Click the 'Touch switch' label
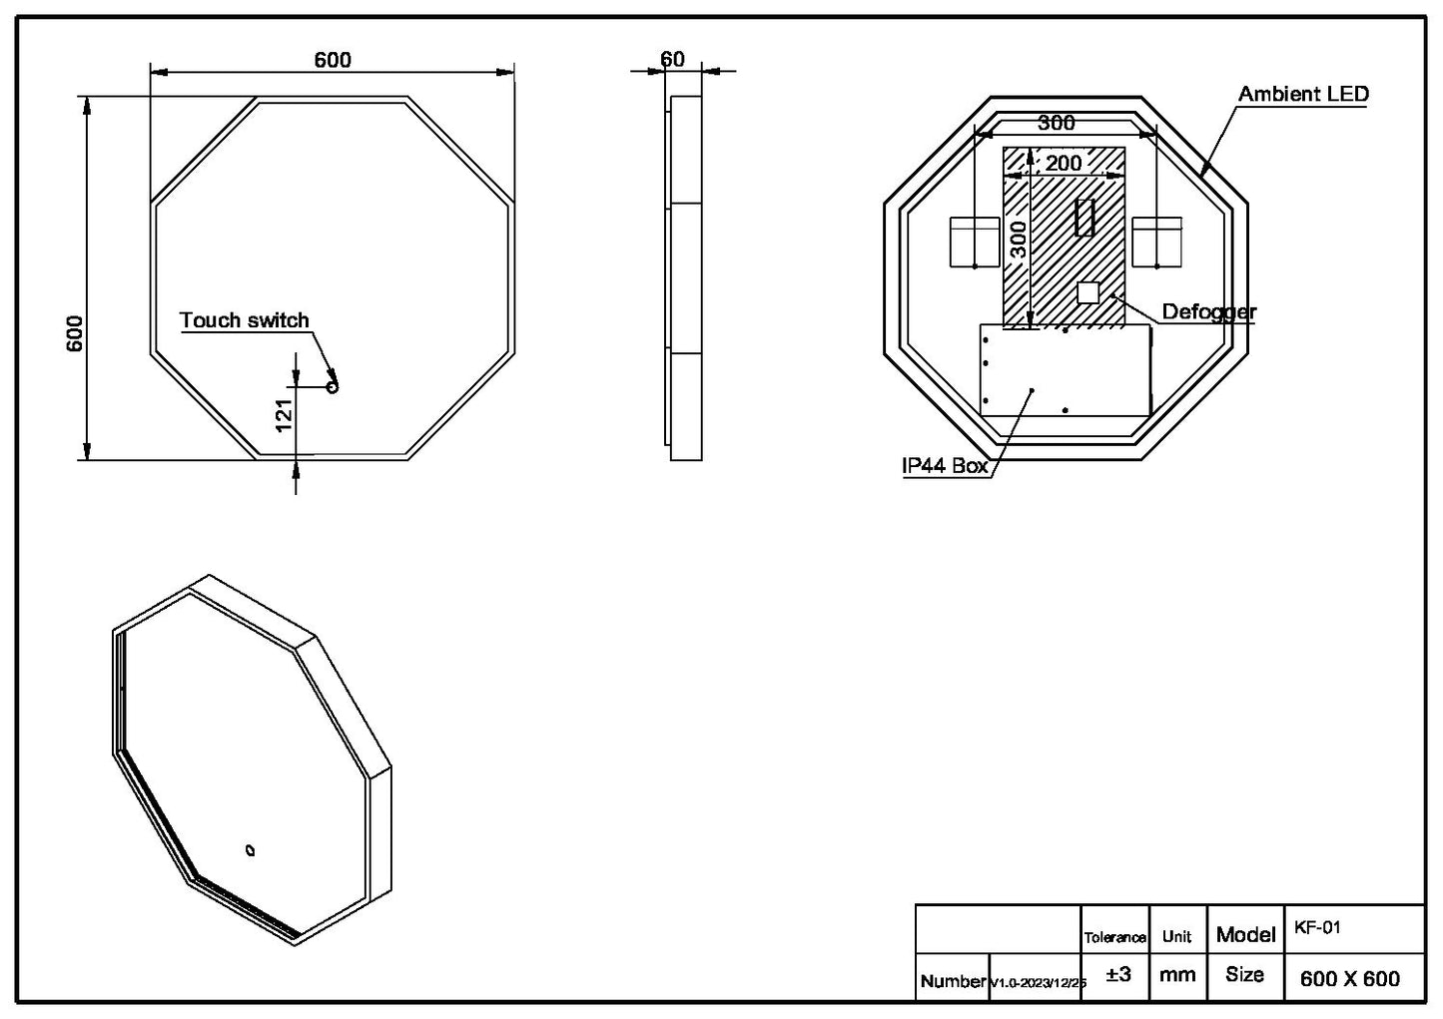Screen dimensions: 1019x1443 (x=244, y=320)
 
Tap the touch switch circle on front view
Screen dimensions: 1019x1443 (x=334, y=386)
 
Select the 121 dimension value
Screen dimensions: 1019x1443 (x=284, y=415)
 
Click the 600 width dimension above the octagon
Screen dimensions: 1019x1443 (x=333, y=60)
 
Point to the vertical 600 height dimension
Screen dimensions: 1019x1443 (x=75, y=333)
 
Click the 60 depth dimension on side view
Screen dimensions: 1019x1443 (x=673, y=60)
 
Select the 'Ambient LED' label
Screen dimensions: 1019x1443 (x=1303, y=94)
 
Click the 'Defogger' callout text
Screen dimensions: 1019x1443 (x=1208, y=312)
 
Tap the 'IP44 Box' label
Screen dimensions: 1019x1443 (x=944, y=466)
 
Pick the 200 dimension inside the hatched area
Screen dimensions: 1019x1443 (x=1064, y=163)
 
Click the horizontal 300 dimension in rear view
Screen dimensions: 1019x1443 (x=1057, y=123)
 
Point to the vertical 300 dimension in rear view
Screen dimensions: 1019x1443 (x=1018, y=240)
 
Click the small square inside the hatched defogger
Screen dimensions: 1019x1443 (x=1087, y=292)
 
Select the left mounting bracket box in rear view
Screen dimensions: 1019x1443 (x=974, y=242)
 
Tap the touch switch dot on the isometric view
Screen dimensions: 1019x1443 (x=250, y=851)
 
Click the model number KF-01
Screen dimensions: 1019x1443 (x=1317, y=927)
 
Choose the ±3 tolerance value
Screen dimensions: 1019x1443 (x=1118, y=975)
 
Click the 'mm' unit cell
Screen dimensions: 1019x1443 (x=1177, y=975)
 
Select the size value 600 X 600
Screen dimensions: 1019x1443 (x=1349, y=979)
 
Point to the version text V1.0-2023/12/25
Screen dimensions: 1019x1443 (x=1038, y=983)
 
